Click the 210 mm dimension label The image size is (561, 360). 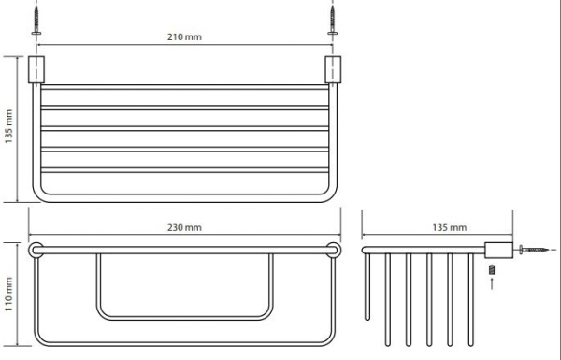click(x=184, y=36)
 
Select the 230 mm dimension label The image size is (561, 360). click(x=184, y=227)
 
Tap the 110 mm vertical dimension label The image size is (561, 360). click(x=9, y=294)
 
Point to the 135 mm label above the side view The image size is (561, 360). click(x=450, y=227)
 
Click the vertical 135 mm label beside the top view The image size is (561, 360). click(x=9, y=126)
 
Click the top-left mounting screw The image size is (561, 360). click(x=36, y=21)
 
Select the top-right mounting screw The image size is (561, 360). click(x=332, y=21)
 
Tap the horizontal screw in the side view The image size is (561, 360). click(x=534, y=250)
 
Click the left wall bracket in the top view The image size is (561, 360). click(x=36, y=69)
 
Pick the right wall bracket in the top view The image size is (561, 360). click(x=333, y=69)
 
